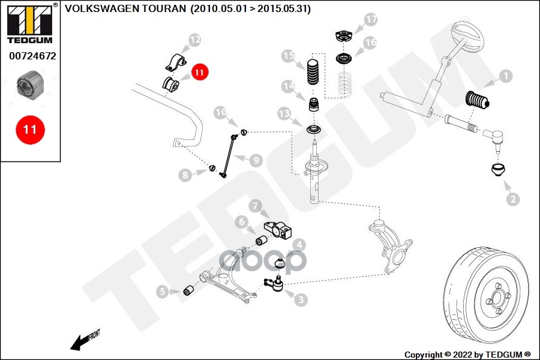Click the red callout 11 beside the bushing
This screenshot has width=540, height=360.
(x=199, y=73)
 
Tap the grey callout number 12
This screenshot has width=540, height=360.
(x=195, y=41)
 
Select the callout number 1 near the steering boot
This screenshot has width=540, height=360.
(x=505, y=76)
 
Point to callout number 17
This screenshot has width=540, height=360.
(x=371, y=20)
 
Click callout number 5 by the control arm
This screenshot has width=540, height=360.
(x=163, y=292)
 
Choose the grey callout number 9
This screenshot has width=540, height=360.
(x=256, y=160)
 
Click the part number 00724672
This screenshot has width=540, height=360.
(x=32, y=56)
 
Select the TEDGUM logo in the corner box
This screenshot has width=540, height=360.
(x=29, y=23)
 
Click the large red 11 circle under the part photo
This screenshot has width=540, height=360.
(x=30, y=129)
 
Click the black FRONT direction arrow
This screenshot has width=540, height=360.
(x=78, y=343)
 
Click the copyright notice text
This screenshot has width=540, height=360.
(x=467, y=354)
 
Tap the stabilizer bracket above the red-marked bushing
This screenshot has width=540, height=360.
(x=175, y=62)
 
